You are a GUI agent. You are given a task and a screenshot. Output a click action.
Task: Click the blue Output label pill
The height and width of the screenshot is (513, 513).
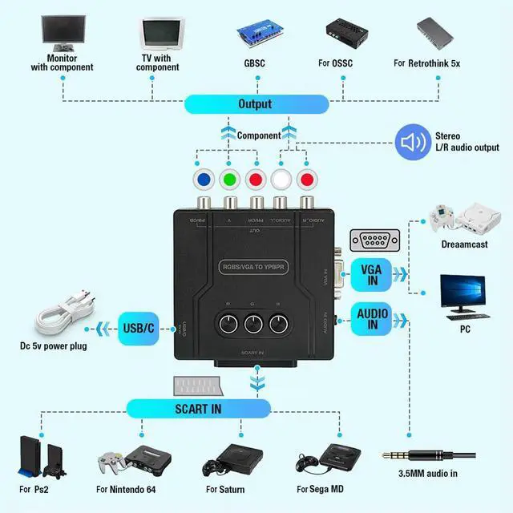click(256, 104)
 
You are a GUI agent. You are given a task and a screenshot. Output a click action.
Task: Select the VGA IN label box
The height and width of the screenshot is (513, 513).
click(371, 276)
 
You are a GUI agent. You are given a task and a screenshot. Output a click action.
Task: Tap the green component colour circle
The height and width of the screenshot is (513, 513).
click(231, 177)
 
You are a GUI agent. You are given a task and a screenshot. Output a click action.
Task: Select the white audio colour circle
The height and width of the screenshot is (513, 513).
click(281, 177)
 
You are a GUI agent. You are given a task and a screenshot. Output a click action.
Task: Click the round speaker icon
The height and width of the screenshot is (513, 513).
click(414, 142)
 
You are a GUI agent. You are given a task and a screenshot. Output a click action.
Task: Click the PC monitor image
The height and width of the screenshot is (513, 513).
click(463, 293)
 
